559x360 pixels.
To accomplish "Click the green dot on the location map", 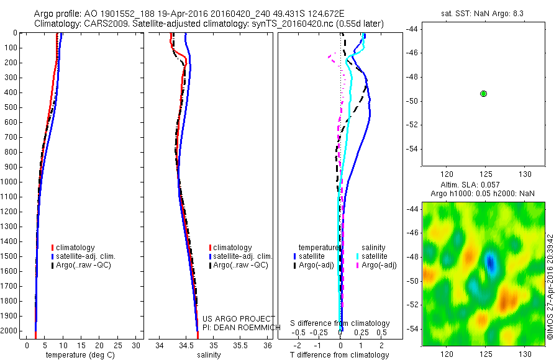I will click(483, 94).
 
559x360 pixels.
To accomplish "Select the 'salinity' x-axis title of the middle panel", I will click(209, 355).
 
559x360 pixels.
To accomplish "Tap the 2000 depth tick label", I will click(9, 331).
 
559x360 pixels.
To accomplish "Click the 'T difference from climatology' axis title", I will click(340, 355).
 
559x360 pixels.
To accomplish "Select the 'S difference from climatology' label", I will click(340, 323).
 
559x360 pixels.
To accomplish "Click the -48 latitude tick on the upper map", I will click(414, 77).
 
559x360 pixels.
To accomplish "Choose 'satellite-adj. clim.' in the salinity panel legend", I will click(243, 256).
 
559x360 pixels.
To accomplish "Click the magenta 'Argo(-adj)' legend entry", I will click(379, 265).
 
